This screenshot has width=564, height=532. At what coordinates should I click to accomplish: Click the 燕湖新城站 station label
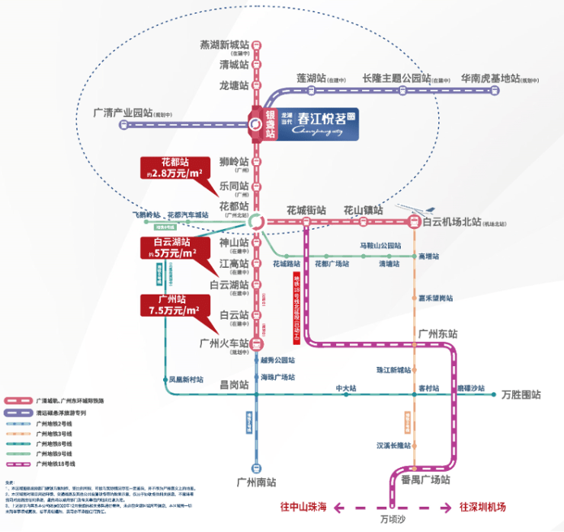[x=223, y=45]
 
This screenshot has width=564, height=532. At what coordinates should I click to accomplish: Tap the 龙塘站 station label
[x=234, y=85]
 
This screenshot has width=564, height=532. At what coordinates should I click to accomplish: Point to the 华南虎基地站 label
[x=490, y=78]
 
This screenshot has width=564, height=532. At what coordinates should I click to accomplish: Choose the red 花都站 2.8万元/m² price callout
[x=174, y=168]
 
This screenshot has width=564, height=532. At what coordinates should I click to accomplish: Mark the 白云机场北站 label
[x=452, y=221]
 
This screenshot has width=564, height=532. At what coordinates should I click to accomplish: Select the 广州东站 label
[x=437, y=334]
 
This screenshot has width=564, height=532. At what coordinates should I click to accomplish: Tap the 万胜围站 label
[x=521, y=395]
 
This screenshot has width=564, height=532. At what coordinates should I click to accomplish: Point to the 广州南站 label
[x=256, y=482]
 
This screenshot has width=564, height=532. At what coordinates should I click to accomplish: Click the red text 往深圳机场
[x=482, y=506]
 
